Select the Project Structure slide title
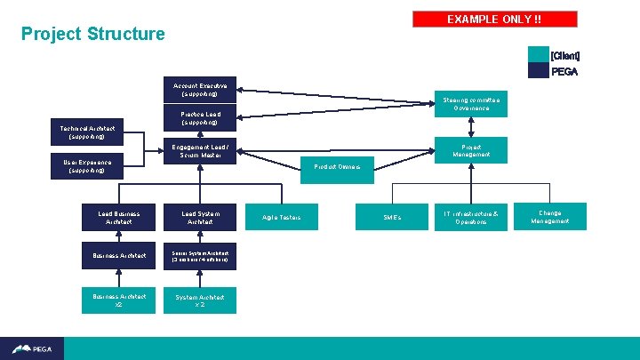pyautogui.click(x=93, y=35)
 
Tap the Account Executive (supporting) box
pyautogui.click(x=200, y=90)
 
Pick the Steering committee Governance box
pyautogui.click(x=470, y=104)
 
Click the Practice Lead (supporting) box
pyautogui.click(x=200, y=118)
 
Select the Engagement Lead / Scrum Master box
pyautogui.click(x=200, y=151)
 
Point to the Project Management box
pyautogui.click(x=470, y=151)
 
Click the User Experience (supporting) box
pyautogui.click(x=86, y=166)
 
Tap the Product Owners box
pyautogui.click(x=337, y=167)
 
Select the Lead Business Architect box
pyautogui.click(x=118, y=218)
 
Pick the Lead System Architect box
pyautogui.click(x=200, y=218)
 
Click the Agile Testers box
pyautogui.click(x=282, y=218)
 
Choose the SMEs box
pyautogui.click(x=392, y=218)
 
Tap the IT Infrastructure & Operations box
pyautogui.click(x=471, y=218)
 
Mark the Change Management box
pyautogui.click(x=550, y=217)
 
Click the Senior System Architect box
pyautogui.click(x=200, y=256)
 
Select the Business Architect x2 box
pyautogui.click(x=118, y=300)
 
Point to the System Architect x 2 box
pyautogui.click(x=200, y=300)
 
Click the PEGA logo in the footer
pyautogui.click(x=30, y=349)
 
